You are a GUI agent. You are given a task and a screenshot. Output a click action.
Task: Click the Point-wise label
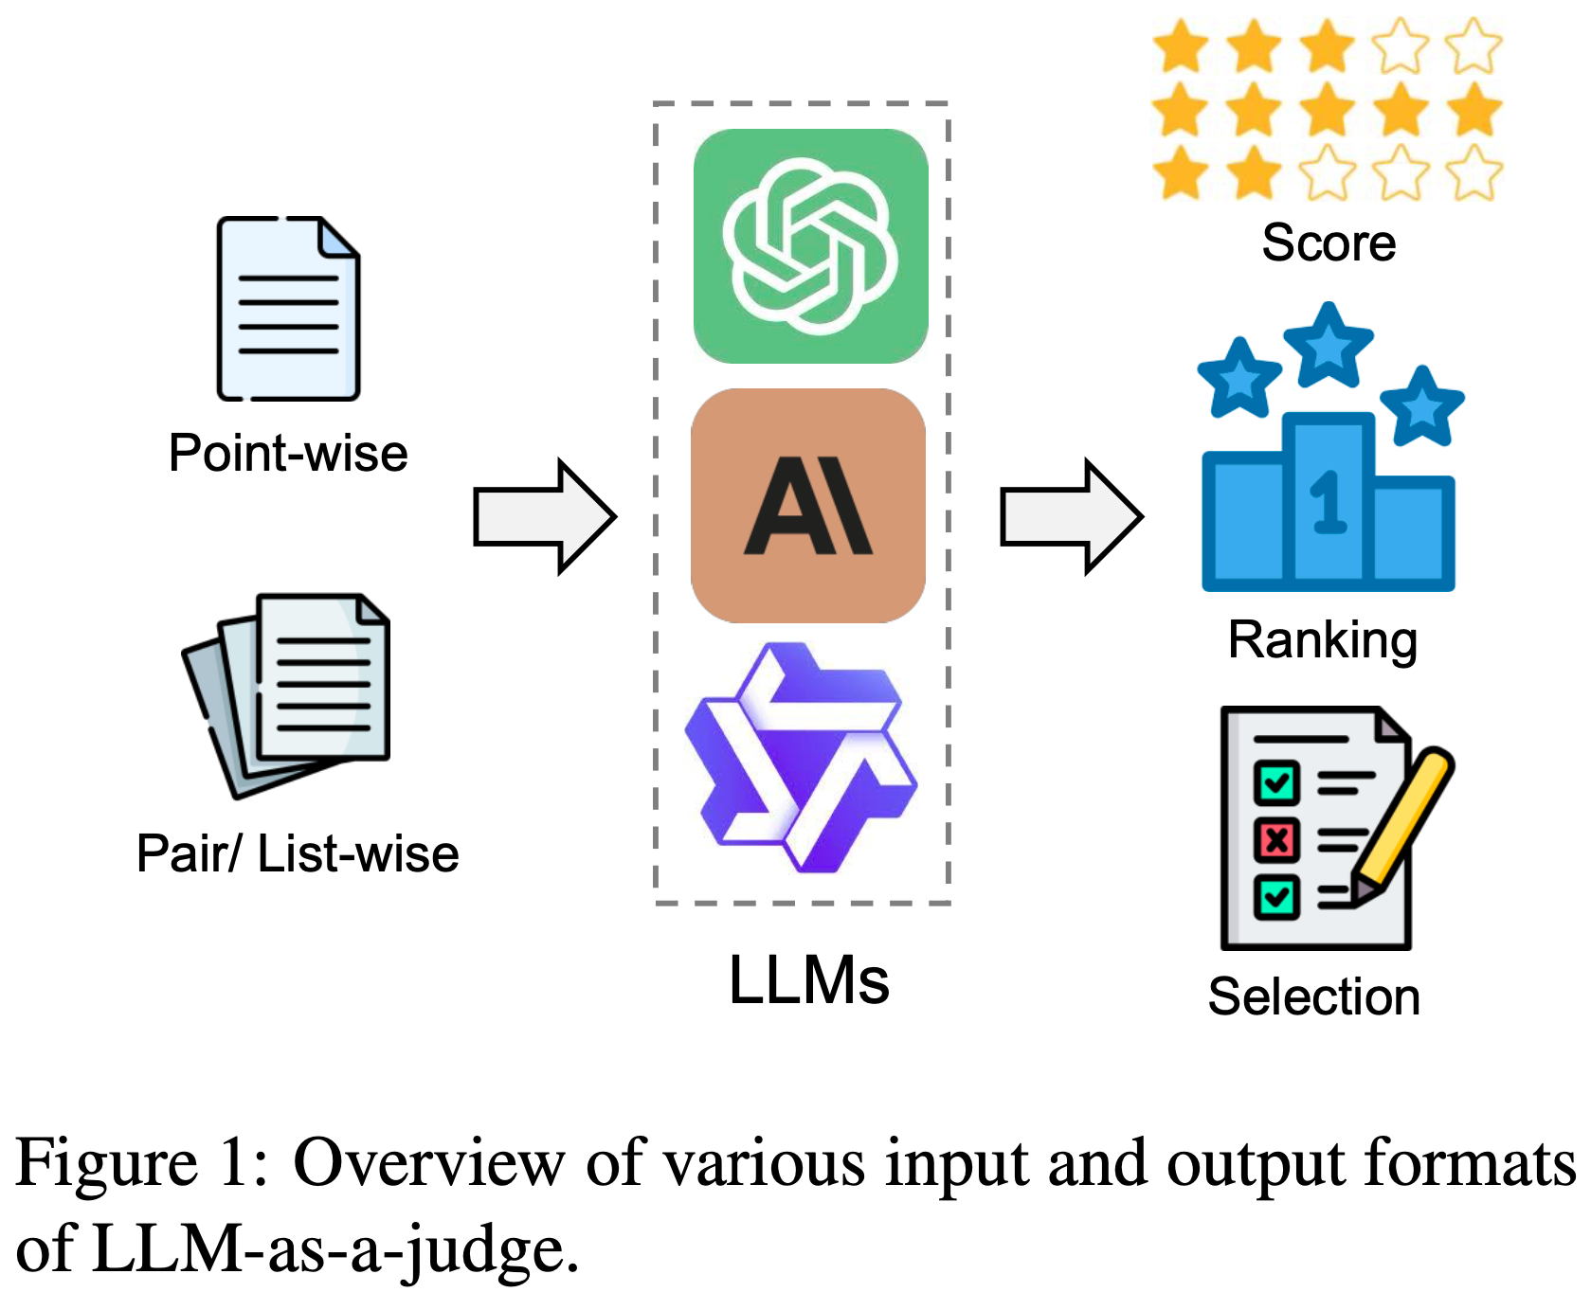[288, 454]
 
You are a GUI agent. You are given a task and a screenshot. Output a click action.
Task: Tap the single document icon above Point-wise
[288, 309]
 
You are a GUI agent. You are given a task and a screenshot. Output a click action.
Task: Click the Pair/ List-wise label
[298, 853]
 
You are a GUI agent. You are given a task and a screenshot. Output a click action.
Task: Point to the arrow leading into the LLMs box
[544, 517]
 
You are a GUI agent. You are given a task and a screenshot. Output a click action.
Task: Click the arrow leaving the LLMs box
[1071, 517]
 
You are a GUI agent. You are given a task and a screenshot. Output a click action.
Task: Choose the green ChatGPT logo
[810, 246]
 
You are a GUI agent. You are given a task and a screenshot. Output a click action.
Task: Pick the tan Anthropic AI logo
[808, 506]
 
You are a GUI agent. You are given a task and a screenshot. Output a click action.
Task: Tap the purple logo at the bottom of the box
[801, 758]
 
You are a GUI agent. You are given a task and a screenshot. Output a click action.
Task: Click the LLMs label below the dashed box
[808, 980]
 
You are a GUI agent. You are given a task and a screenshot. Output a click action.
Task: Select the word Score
[1329, 243]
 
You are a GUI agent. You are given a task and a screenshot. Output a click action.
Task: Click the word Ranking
[1323, 640]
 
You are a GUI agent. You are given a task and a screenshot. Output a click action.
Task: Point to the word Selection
[1314, 997]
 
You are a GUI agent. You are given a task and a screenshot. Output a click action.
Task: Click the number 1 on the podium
[1328, 502]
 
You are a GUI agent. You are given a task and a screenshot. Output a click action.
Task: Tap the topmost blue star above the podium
[1329, 345]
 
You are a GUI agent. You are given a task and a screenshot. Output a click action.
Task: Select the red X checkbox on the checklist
[1275, 839]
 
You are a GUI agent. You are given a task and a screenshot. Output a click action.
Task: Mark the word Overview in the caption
[429, 1162]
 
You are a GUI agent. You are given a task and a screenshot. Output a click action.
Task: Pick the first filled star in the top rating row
[1181, 46]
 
